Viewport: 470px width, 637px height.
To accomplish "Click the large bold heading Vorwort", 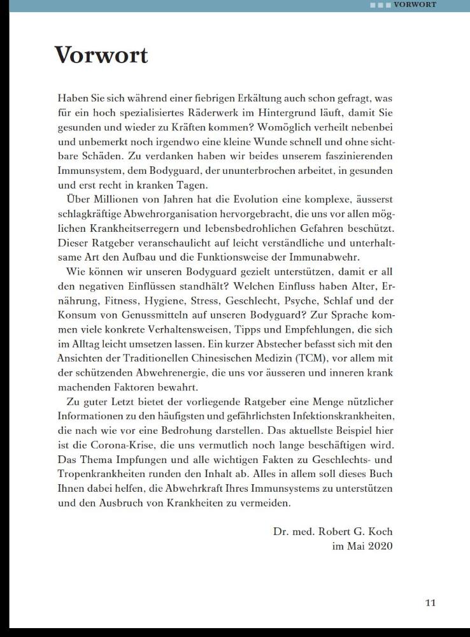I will (101, 55).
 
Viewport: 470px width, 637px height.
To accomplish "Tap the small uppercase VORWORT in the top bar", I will (415, 5).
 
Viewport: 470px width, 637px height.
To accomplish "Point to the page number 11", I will (431, 603).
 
